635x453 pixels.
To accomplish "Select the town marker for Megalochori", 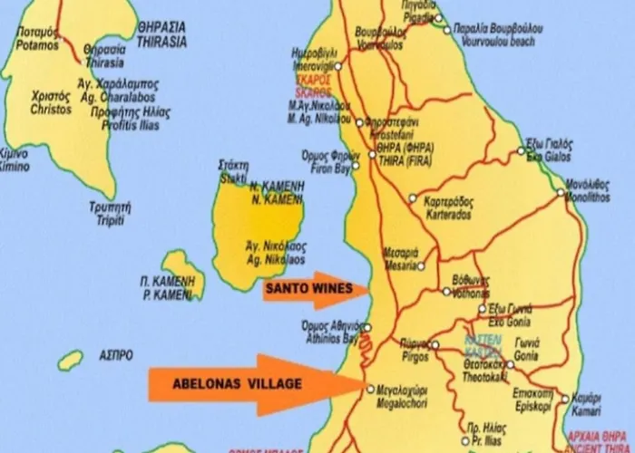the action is [370, 389].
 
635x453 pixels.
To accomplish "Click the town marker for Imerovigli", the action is [338, 65].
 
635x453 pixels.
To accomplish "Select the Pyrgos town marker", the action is [435, 344].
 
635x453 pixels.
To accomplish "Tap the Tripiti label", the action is [83, 211].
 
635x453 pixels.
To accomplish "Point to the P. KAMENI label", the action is [166, 288].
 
